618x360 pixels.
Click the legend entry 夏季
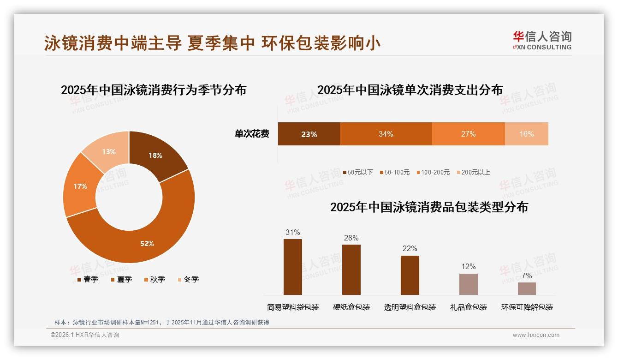pos(122,279)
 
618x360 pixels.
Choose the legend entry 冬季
pos(188,279)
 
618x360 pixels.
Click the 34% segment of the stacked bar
pos(386,134)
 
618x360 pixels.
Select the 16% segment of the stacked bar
pos(526,134)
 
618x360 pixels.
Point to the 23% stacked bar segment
pos(309,134)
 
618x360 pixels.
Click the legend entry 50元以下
pos(358,172)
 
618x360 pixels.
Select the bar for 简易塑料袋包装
pos(293,267)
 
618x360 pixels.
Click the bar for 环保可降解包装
pos(527,288)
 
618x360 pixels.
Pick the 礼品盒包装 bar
pos(468,284)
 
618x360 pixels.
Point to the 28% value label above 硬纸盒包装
pos(351,238)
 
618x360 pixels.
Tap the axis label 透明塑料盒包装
pos(410,307)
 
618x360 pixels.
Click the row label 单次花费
pos(252,134)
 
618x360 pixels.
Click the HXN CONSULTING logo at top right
pos(542,41)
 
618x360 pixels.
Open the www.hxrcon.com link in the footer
pos(536,335)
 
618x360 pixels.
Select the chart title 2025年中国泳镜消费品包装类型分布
pos(429,207)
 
